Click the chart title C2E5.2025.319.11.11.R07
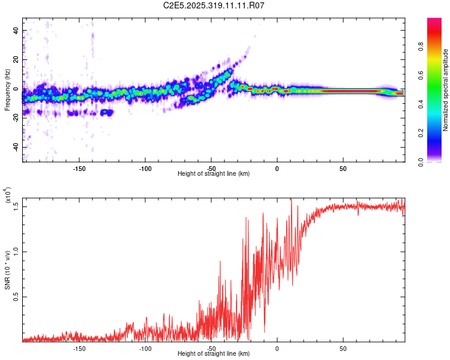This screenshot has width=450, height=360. (214, 5)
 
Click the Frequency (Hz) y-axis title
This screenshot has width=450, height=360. (7, 90)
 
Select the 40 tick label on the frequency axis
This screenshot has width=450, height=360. (16, 31)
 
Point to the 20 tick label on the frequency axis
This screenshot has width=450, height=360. (16, 60)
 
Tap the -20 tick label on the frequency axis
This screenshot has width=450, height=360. (15, 118)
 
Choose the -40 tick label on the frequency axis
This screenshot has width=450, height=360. (15, 148)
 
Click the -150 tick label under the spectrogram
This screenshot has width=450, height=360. (79, 169)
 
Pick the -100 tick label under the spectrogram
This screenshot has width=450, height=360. (145, 169)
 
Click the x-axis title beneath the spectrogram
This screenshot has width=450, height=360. (214, 174)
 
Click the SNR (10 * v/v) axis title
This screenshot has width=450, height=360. (7, 270)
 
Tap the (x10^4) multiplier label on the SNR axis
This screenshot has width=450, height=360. (8, 196)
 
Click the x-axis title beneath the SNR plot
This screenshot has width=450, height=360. (214, 354)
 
